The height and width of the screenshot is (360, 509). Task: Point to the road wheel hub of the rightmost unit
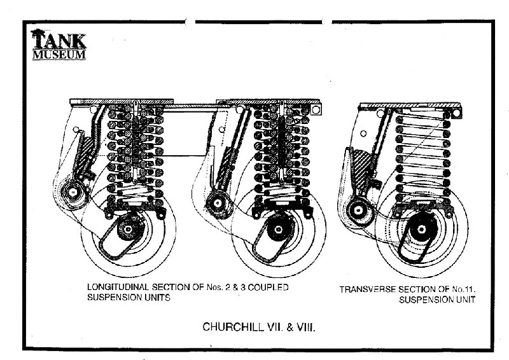[x=418, y=229]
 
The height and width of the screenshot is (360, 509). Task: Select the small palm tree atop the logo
[x=39, y=31]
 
